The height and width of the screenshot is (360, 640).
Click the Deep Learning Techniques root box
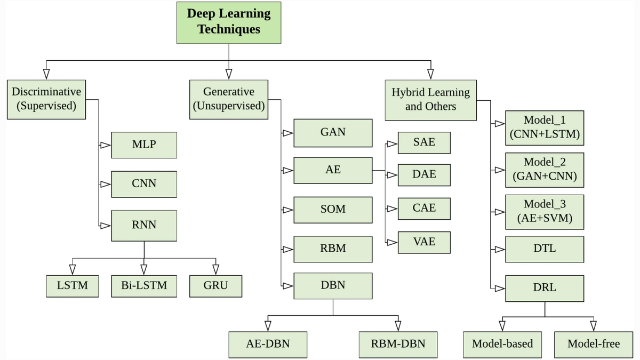pyautogui.click(x=229, y=22)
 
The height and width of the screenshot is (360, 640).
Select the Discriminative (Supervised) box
pyautogui.click(x=46, y=99)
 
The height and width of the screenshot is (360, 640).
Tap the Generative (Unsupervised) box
pyautogui.click(x=229, y=99)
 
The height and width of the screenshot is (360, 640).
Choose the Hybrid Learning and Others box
pyautogui.click(x=430, y=99)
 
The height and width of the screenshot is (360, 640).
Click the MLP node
pyautogui.click(x=144, y=145)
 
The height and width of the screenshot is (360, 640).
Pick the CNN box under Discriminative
pyautogui.click(x=144, y=184)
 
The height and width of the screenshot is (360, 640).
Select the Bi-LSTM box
pyautogui.click(x=143, y=285)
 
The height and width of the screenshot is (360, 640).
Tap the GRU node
pyautogui.click(x=215, y=285)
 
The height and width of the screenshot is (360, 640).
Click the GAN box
pyautogui.click(x=333, y=132)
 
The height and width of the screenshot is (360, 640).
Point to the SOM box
pyautogui.click(x=333, y=210)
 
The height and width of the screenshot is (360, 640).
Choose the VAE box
pyautogui.click(x=425, y=242)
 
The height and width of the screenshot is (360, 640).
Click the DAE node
pyautogui.click(x=425, y=174)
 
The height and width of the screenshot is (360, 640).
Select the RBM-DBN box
pyautogui.click(x=398, y=344)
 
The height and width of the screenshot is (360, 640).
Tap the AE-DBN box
pyautogui.click(x=268, y=344)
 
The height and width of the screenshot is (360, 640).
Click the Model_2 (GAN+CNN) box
pyautogui.click(x=545, y=170)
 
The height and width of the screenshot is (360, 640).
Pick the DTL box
pyautogui.click(x=545, y=249)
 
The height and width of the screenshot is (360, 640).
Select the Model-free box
pyautogui.click(x=593, y=344)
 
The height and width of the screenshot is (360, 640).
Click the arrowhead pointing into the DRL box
pyautogui.click(x=500, y=288)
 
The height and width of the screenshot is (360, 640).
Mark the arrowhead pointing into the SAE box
pyautogui.click(x=393, y=143)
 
